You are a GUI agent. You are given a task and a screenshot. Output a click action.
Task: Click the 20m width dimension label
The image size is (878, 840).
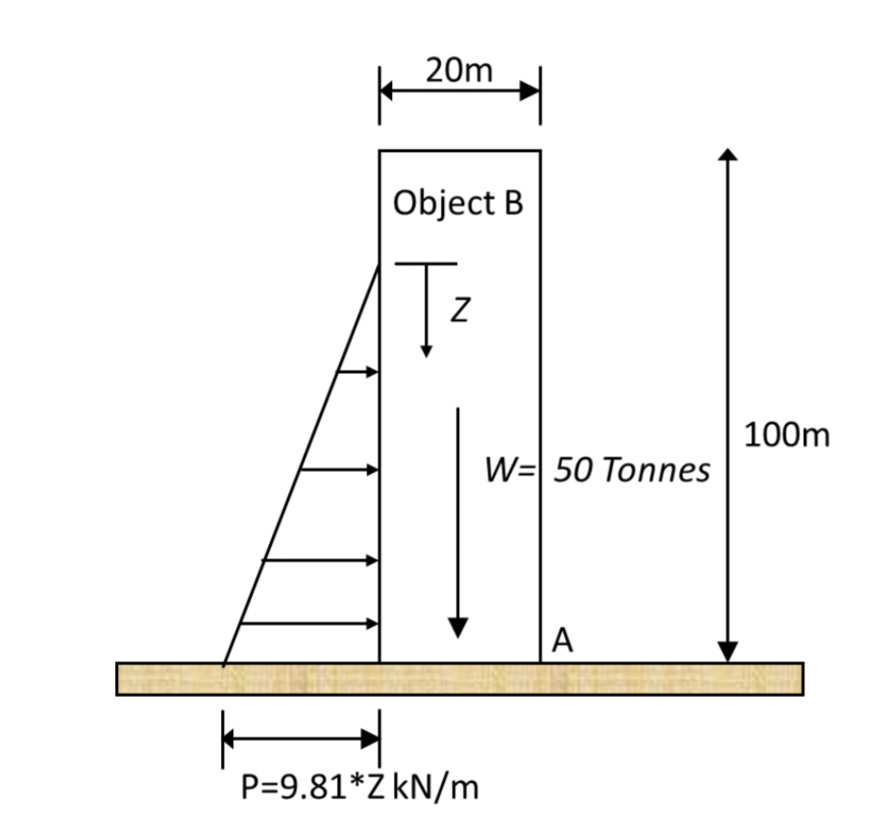(458, 70)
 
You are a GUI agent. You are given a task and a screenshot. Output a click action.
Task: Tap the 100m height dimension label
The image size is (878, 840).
(787, 437)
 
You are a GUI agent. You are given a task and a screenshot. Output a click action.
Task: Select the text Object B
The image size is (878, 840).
(458, 204)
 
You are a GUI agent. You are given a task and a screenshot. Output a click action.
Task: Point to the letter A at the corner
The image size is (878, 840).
(563, 638)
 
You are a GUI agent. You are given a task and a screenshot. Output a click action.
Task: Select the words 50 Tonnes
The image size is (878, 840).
(632, 470)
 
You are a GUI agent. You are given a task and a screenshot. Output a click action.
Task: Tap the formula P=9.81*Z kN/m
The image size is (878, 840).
(358, 788)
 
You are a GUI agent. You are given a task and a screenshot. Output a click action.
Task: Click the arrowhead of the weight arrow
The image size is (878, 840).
(458, 627)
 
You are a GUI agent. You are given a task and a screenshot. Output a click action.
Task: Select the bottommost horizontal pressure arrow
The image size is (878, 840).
(308, 624)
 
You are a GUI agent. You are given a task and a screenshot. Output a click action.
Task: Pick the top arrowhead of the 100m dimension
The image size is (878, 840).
(729, 156)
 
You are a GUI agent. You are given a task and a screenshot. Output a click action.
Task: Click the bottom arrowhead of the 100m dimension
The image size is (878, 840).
(729, 653)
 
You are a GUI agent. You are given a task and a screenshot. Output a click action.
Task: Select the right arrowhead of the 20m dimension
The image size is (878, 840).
(530, 91)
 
